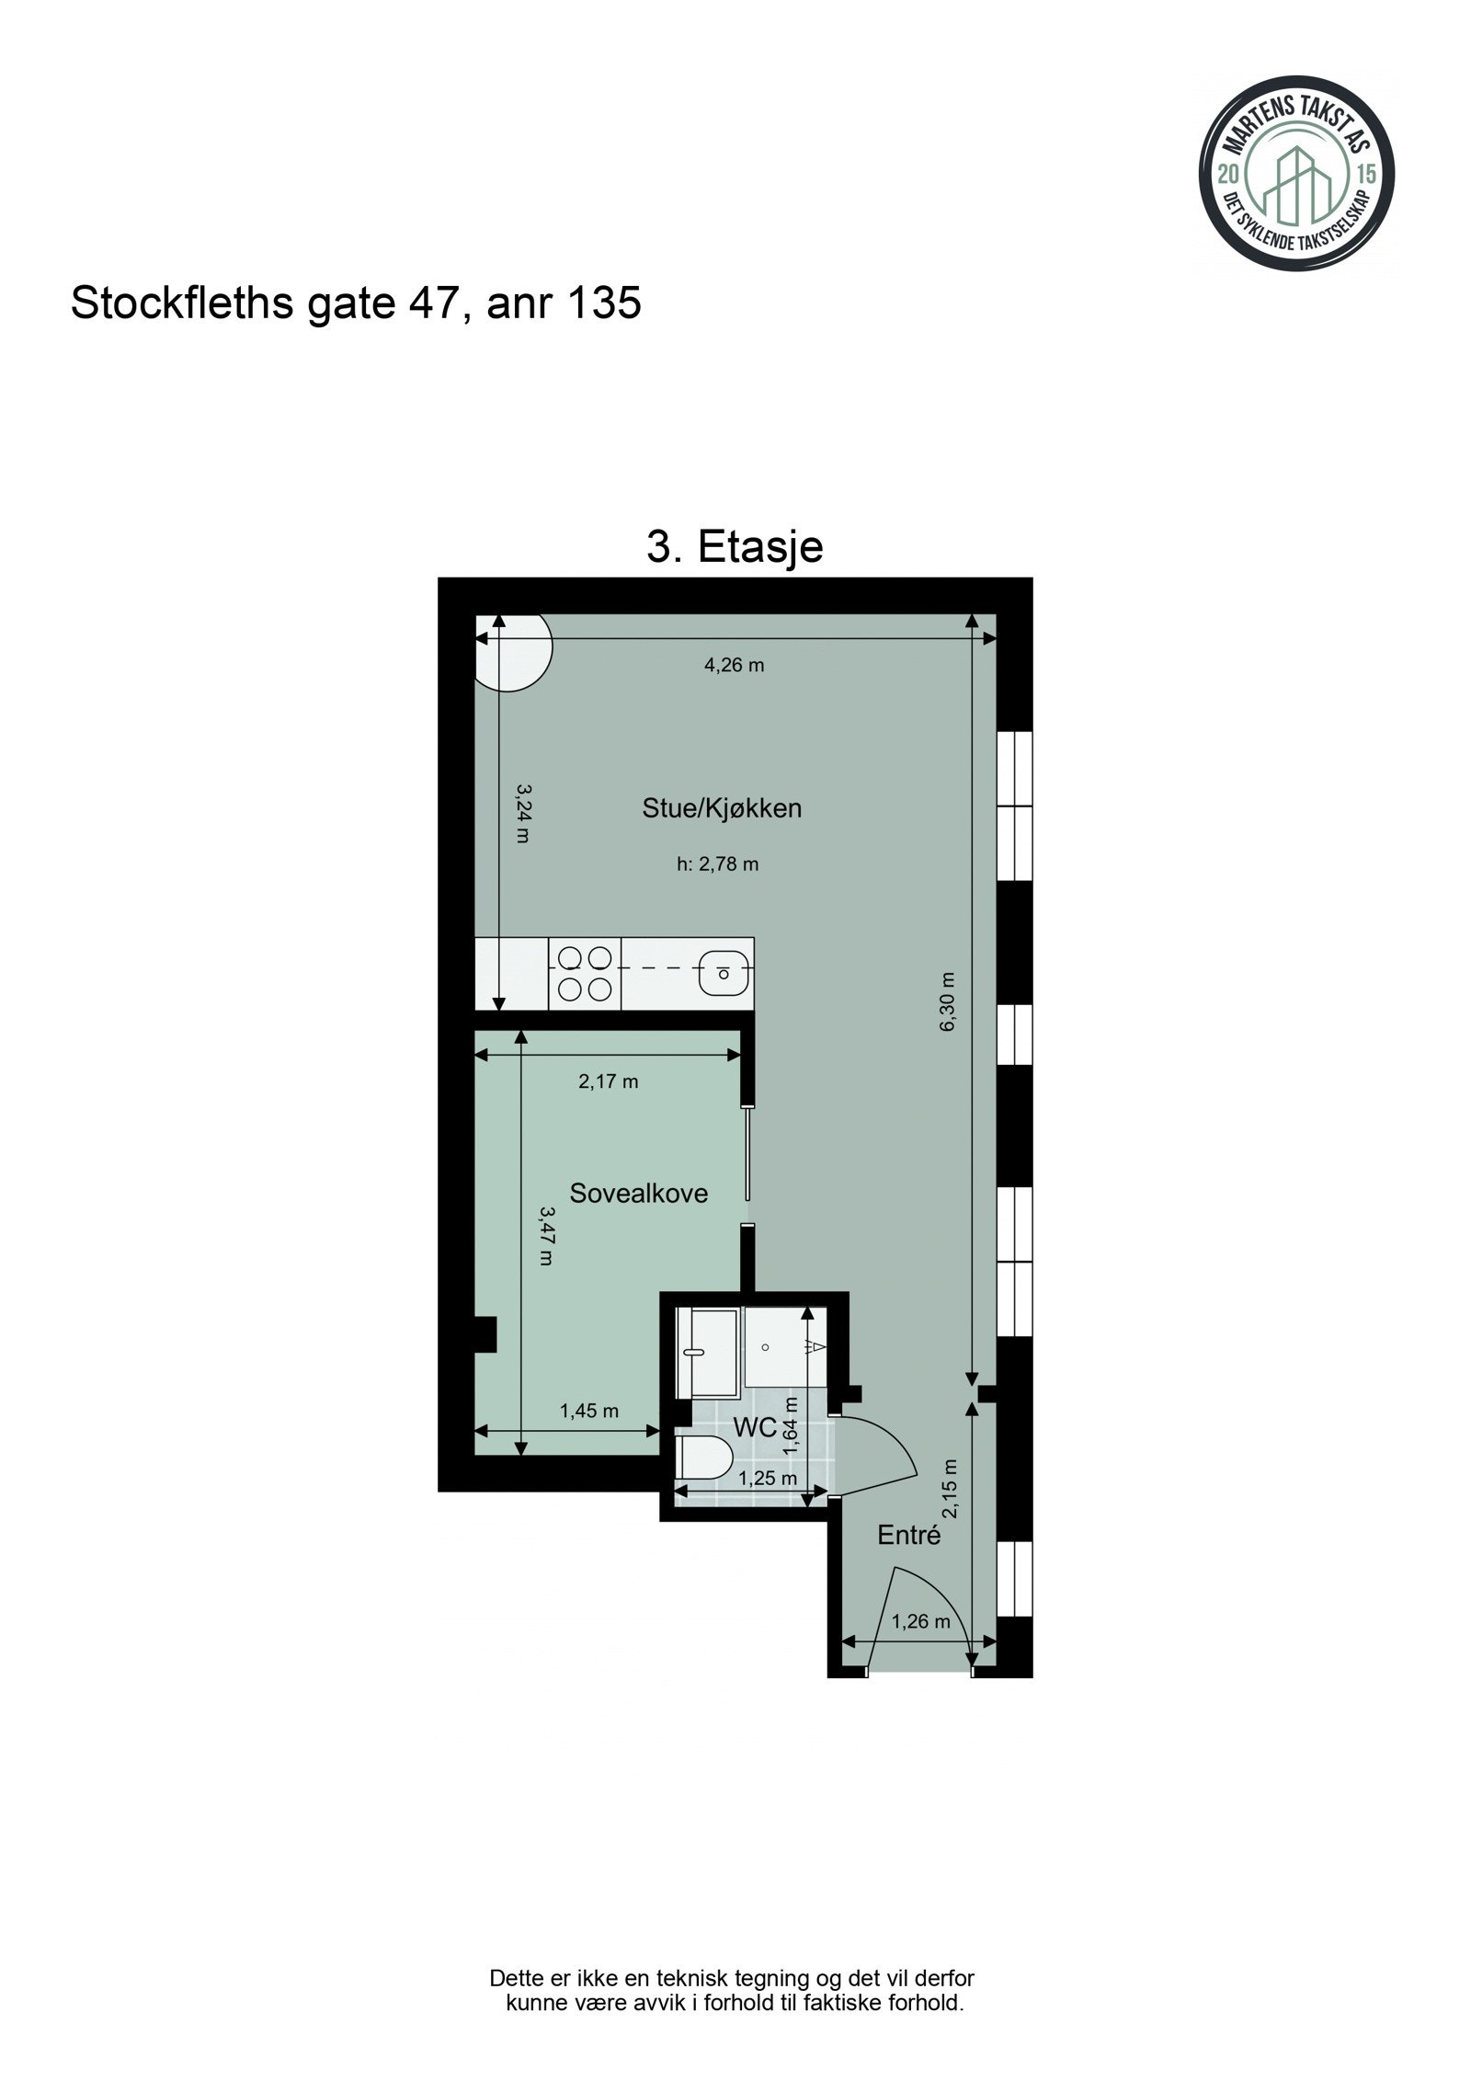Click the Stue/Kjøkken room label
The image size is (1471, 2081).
721,808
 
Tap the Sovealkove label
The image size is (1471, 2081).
638,1194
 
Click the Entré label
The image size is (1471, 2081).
908,1535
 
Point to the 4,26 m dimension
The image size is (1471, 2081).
734,665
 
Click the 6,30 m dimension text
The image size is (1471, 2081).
948,1002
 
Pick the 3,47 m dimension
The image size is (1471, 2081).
546,1236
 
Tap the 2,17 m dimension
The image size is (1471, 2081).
608,1081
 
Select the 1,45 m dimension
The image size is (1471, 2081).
588,1411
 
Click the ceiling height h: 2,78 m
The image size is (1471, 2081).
717,863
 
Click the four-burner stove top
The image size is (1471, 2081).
585,974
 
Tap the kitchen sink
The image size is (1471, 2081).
724,973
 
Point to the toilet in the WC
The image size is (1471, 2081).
705,1458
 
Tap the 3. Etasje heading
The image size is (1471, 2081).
735,547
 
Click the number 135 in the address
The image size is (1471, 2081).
604,303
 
